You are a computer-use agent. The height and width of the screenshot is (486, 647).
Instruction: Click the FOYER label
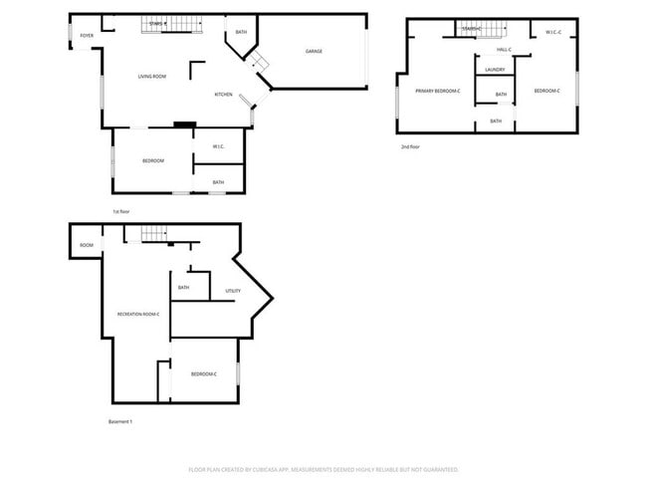coord(87,35)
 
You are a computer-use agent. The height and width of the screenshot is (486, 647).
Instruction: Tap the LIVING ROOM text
coord(151,77)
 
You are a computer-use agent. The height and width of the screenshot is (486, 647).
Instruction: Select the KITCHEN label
coord(224,95)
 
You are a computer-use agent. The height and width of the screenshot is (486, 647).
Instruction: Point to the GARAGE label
coord(314,51)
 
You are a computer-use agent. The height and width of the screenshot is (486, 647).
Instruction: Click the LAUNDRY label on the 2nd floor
coord(495,70)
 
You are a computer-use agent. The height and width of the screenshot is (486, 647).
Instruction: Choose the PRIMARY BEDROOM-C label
coord(438,91)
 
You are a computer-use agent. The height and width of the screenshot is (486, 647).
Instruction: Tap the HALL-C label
coord(504,49)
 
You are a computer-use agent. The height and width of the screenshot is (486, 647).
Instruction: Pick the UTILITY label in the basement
coord(233,291)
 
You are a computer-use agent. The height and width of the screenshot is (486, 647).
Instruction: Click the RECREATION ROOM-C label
coord(138,315)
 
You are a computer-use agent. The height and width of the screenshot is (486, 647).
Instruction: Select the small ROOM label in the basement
coord(87,245)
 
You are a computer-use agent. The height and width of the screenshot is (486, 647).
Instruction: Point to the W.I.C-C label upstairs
coord(553,32)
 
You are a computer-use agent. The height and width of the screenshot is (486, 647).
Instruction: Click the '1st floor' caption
coord(121,211)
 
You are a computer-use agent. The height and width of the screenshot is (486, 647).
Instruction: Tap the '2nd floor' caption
coord(410,146)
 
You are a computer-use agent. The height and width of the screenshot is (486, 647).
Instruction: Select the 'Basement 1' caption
coord(119,421)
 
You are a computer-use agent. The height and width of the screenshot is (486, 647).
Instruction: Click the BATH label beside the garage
coord(241,33)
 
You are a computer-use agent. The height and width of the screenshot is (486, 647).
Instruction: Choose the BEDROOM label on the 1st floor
coord(152,161)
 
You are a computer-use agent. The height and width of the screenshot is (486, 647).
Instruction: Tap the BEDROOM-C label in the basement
coord(204,373)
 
